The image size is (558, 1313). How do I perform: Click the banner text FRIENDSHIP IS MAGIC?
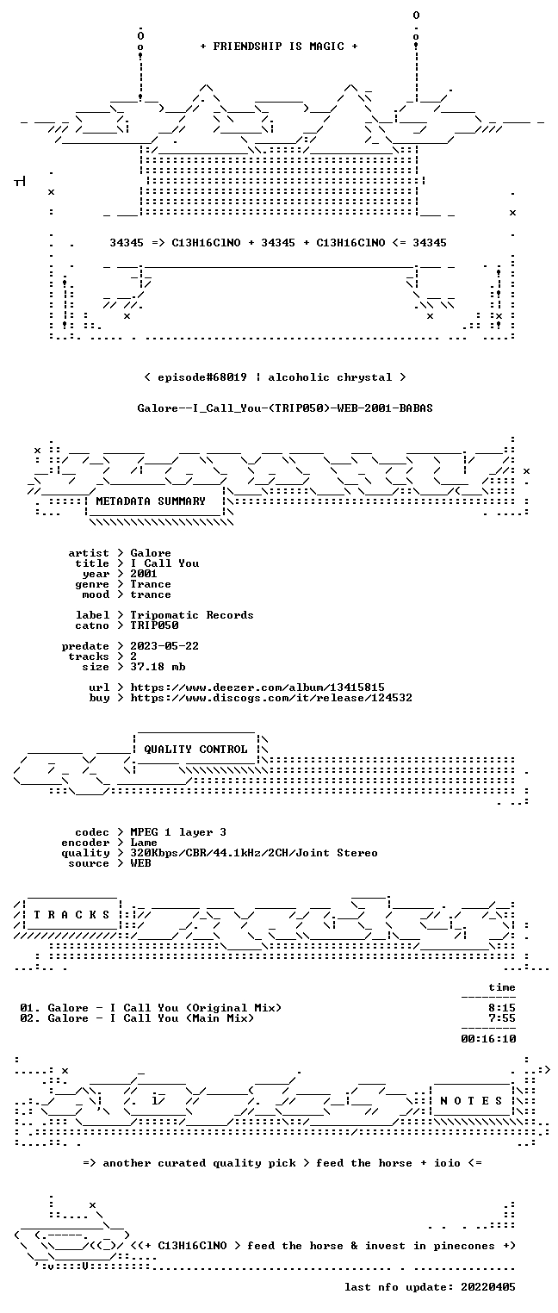click(x=278, y=47)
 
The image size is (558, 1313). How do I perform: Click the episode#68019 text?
click(x=202, y=377)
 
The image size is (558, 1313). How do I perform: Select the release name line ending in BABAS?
click(x=285, y=408)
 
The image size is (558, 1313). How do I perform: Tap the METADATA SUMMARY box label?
click(x=151, y=501)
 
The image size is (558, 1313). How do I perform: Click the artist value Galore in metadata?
click(x=151, y=553)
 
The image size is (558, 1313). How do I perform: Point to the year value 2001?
click(x=144, y=574)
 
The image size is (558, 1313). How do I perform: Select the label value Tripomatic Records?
click(x=192, y=615)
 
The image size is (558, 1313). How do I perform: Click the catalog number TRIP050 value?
click(x=154, y=625)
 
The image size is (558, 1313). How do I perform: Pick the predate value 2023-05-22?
click(x=164, y=646)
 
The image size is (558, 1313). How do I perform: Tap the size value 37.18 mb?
click(x=158, y=667)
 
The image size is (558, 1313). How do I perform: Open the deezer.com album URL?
click(x=257, y=688)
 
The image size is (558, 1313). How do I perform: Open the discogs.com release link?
click(x=270, y=698)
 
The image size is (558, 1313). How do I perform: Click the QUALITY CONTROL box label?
click(x=195, y=750)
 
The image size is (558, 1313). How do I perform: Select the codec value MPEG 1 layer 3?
click(x=178, y=832)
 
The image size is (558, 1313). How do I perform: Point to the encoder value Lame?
click(x=144, y=843)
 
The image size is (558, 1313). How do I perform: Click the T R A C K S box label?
click(x=71, y=915)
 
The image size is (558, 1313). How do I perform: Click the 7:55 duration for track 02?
click(x=502, y=1018)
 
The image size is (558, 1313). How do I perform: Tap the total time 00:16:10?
click(x=488, y=1039)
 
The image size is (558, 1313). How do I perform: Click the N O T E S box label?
click(x=471, y=1101)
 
